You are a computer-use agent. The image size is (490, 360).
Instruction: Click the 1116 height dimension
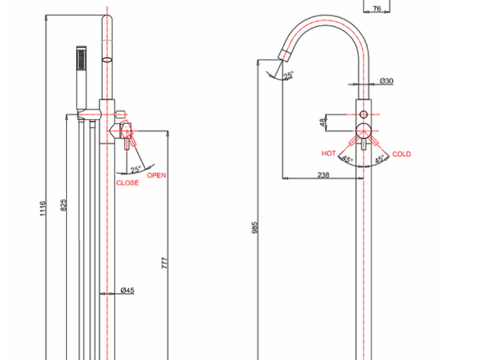click(x=42, y=208)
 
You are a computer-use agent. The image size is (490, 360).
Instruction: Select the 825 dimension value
click(x=63, y=205)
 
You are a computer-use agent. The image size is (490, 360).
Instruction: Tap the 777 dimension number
click(x=165, y=263)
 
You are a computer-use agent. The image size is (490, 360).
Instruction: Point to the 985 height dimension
click(x=255, y=228)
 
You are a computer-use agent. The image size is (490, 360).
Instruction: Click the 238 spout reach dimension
click(x=323, y=175)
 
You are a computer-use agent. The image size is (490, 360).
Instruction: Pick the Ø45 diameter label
click(x=127, y=291)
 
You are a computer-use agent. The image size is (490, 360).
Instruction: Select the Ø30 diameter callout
click(x=386, y=81)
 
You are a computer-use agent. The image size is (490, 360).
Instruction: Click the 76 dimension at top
click(x=377, y=8)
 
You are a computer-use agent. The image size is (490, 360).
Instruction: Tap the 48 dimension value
click(x=323, y=122)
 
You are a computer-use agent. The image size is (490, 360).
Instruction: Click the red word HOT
click(x=329, y=153)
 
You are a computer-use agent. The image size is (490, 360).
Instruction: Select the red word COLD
click(x=402, y=154)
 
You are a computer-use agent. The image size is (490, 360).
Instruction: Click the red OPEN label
click(x=157, y=176)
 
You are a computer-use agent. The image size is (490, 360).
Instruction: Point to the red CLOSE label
click(x=127, y=183)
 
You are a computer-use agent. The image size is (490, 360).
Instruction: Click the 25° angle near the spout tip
click(x=288, y=75)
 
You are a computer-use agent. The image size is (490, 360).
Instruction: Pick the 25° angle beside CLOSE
click(x=136, y=170)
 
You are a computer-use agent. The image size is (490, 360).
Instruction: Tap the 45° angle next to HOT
click(x=346, y=159)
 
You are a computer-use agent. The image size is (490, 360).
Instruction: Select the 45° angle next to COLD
click(x=380, y=159)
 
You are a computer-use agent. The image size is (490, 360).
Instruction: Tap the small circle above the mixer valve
click(x=363, y=114)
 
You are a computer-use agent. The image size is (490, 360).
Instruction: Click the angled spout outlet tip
click(x=284, y=55)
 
